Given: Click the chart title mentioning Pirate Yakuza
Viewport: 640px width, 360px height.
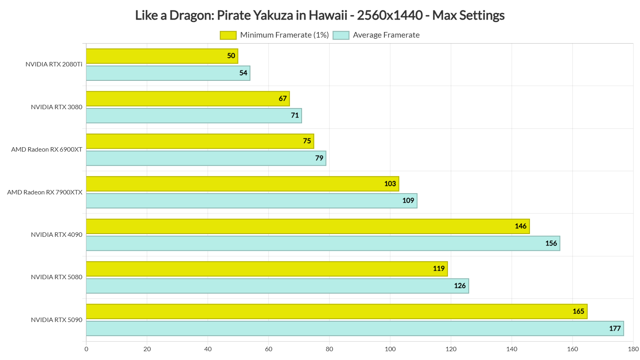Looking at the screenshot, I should [x=320, y=15].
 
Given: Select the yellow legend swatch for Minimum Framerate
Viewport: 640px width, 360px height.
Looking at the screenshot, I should [x=228, y=35].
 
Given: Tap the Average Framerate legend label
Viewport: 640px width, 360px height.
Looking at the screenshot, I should [x=386, y=35].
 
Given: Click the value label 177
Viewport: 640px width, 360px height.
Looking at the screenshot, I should [x=615, y=328].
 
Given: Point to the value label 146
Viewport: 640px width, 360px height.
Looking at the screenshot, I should [x=520, y=226].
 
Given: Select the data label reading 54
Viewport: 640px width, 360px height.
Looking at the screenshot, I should [x=243, y=73].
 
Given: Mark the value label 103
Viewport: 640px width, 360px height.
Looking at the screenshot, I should [x=390, y=184].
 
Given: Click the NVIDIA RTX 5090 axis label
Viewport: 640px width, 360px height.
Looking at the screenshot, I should [x=56, y=320].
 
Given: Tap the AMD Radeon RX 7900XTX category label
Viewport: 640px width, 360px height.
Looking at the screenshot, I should [x=45, y=192].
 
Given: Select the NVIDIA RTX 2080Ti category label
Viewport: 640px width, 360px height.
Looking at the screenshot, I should [x=54, y=64].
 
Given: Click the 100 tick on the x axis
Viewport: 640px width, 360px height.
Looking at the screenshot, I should [x=390, y=349].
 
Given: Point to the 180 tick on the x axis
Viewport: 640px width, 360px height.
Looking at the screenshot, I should [x=633, y=349].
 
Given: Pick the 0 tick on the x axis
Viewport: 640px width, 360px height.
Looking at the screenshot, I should [x=86, y=349].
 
